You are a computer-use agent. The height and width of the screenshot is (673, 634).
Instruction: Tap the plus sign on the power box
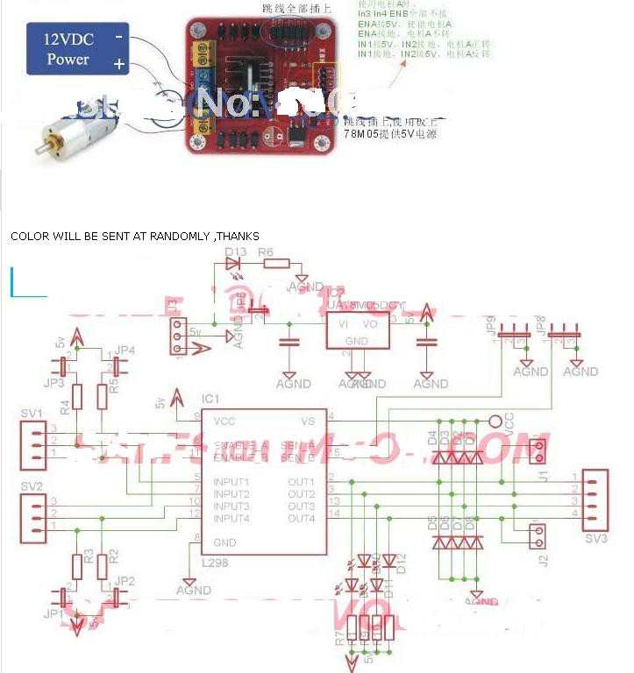click(118, 64)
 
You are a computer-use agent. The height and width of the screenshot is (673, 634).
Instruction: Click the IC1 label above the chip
click(210, 400)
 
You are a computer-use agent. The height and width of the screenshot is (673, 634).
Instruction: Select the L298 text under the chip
click(215, 563)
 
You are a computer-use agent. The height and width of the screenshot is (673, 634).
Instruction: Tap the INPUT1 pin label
click(232, 482)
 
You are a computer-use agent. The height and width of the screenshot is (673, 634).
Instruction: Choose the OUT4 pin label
click(301, 519)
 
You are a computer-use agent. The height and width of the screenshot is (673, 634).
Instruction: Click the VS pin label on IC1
click(307, 421)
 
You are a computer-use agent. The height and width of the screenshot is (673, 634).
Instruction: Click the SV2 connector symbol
click(33, 512)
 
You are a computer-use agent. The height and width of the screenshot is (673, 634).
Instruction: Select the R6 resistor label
click(267, 252)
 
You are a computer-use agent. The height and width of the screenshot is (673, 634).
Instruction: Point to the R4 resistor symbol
click(77, 397)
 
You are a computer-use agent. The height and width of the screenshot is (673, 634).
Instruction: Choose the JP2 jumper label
click(125, 581)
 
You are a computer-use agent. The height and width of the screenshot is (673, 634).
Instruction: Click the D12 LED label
click(402, 562)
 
